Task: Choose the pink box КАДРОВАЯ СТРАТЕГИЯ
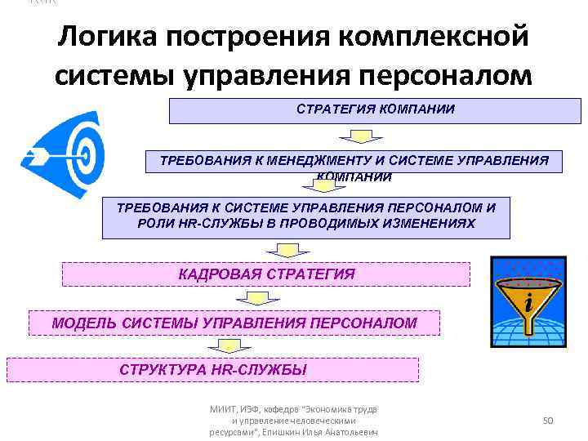click(266, 274)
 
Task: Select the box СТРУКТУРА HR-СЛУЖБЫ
click(212, 370)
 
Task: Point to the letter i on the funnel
click(530, 304)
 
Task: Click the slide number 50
click(549, 420)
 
